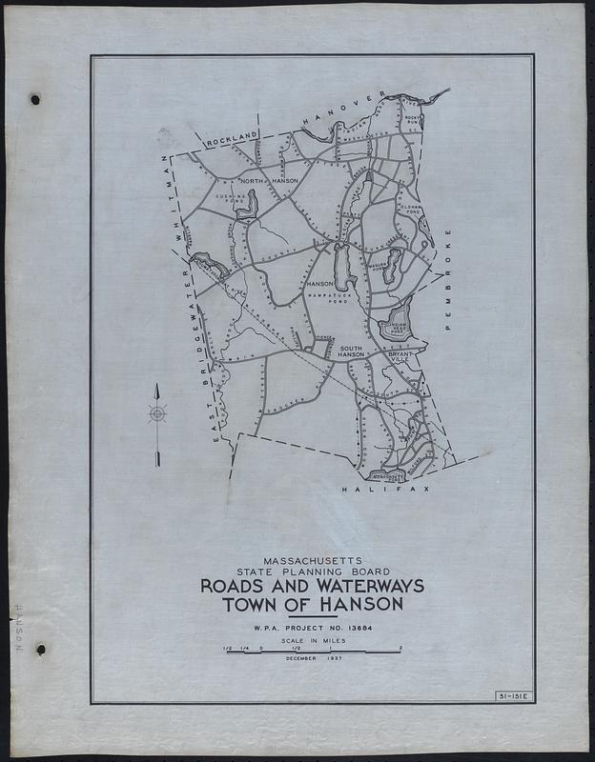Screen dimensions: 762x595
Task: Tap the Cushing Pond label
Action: (x=234, y=197)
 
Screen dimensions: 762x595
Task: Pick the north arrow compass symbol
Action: (x=157, y=412)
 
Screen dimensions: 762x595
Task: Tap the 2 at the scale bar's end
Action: (x=401, y=648)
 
